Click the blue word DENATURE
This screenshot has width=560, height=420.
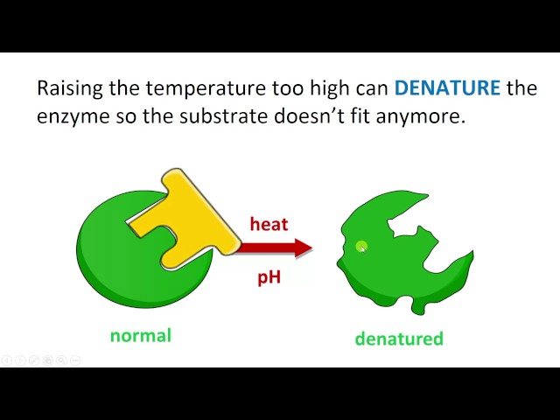pos(447,88)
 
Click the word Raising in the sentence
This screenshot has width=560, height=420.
pos(66,89)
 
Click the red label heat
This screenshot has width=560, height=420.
pos(269,224)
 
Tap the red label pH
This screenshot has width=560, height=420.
pos(269,277)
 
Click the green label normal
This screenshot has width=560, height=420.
pos(140,335)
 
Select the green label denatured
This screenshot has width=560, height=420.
pos(399,339)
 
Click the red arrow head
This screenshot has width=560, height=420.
pos(303,248)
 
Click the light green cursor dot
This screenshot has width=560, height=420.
pos(361,248)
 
